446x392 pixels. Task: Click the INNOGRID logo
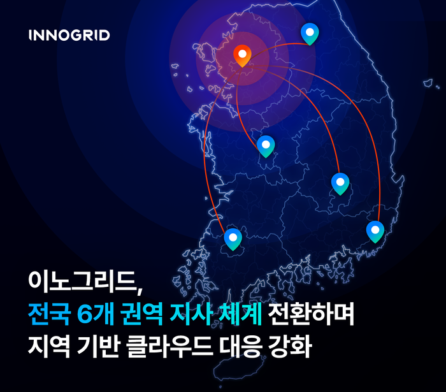[69, 35]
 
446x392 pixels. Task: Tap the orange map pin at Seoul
[242, 55]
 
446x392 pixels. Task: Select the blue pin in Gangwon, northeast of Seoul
[310, 33]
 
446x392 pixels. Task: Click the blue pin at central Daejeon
[266, 145]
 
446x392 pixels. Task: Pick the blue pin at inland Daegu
[340, 183]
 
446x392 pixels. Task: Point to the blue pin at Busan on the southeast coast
[375, 230]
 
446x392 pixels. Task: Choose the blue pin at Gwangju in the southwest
[233, 238]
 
